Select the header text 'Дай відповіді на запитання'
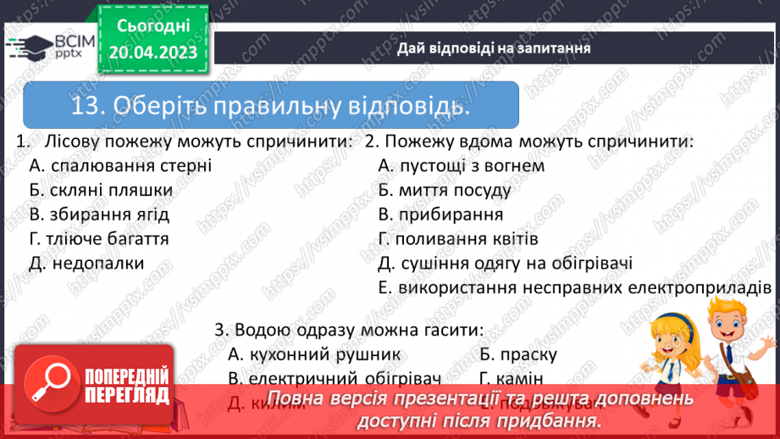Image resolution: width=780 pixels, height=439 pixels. point(494,48)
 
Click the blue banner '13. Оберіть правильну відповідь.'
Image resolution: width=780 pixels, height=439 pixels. point(271,106)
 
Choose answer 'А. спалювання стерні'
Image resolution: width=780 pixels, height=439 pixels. point(120,165)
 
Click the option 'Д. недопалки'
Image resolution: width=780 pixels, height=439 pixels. point(86,264)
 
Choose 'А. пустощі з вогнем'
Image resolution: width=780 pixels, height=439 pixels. point(461,165)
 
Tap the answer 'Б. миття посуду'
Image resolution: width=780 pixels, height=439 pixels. point(445,190)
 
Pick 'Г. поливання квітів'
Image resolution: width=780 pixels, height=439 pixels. point(458,239)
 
